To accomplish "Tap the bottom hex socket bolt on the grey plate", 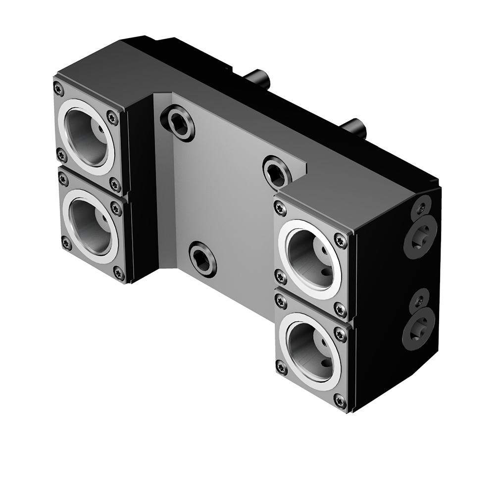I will (x=202, y=258).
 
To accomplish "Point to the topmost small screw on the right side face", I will (x=421, y=206).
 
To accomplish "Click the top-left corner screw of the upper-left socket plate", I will (x=59, y=89).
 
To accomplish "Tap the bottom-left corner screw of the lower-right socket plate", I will (x=281, y=367).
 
